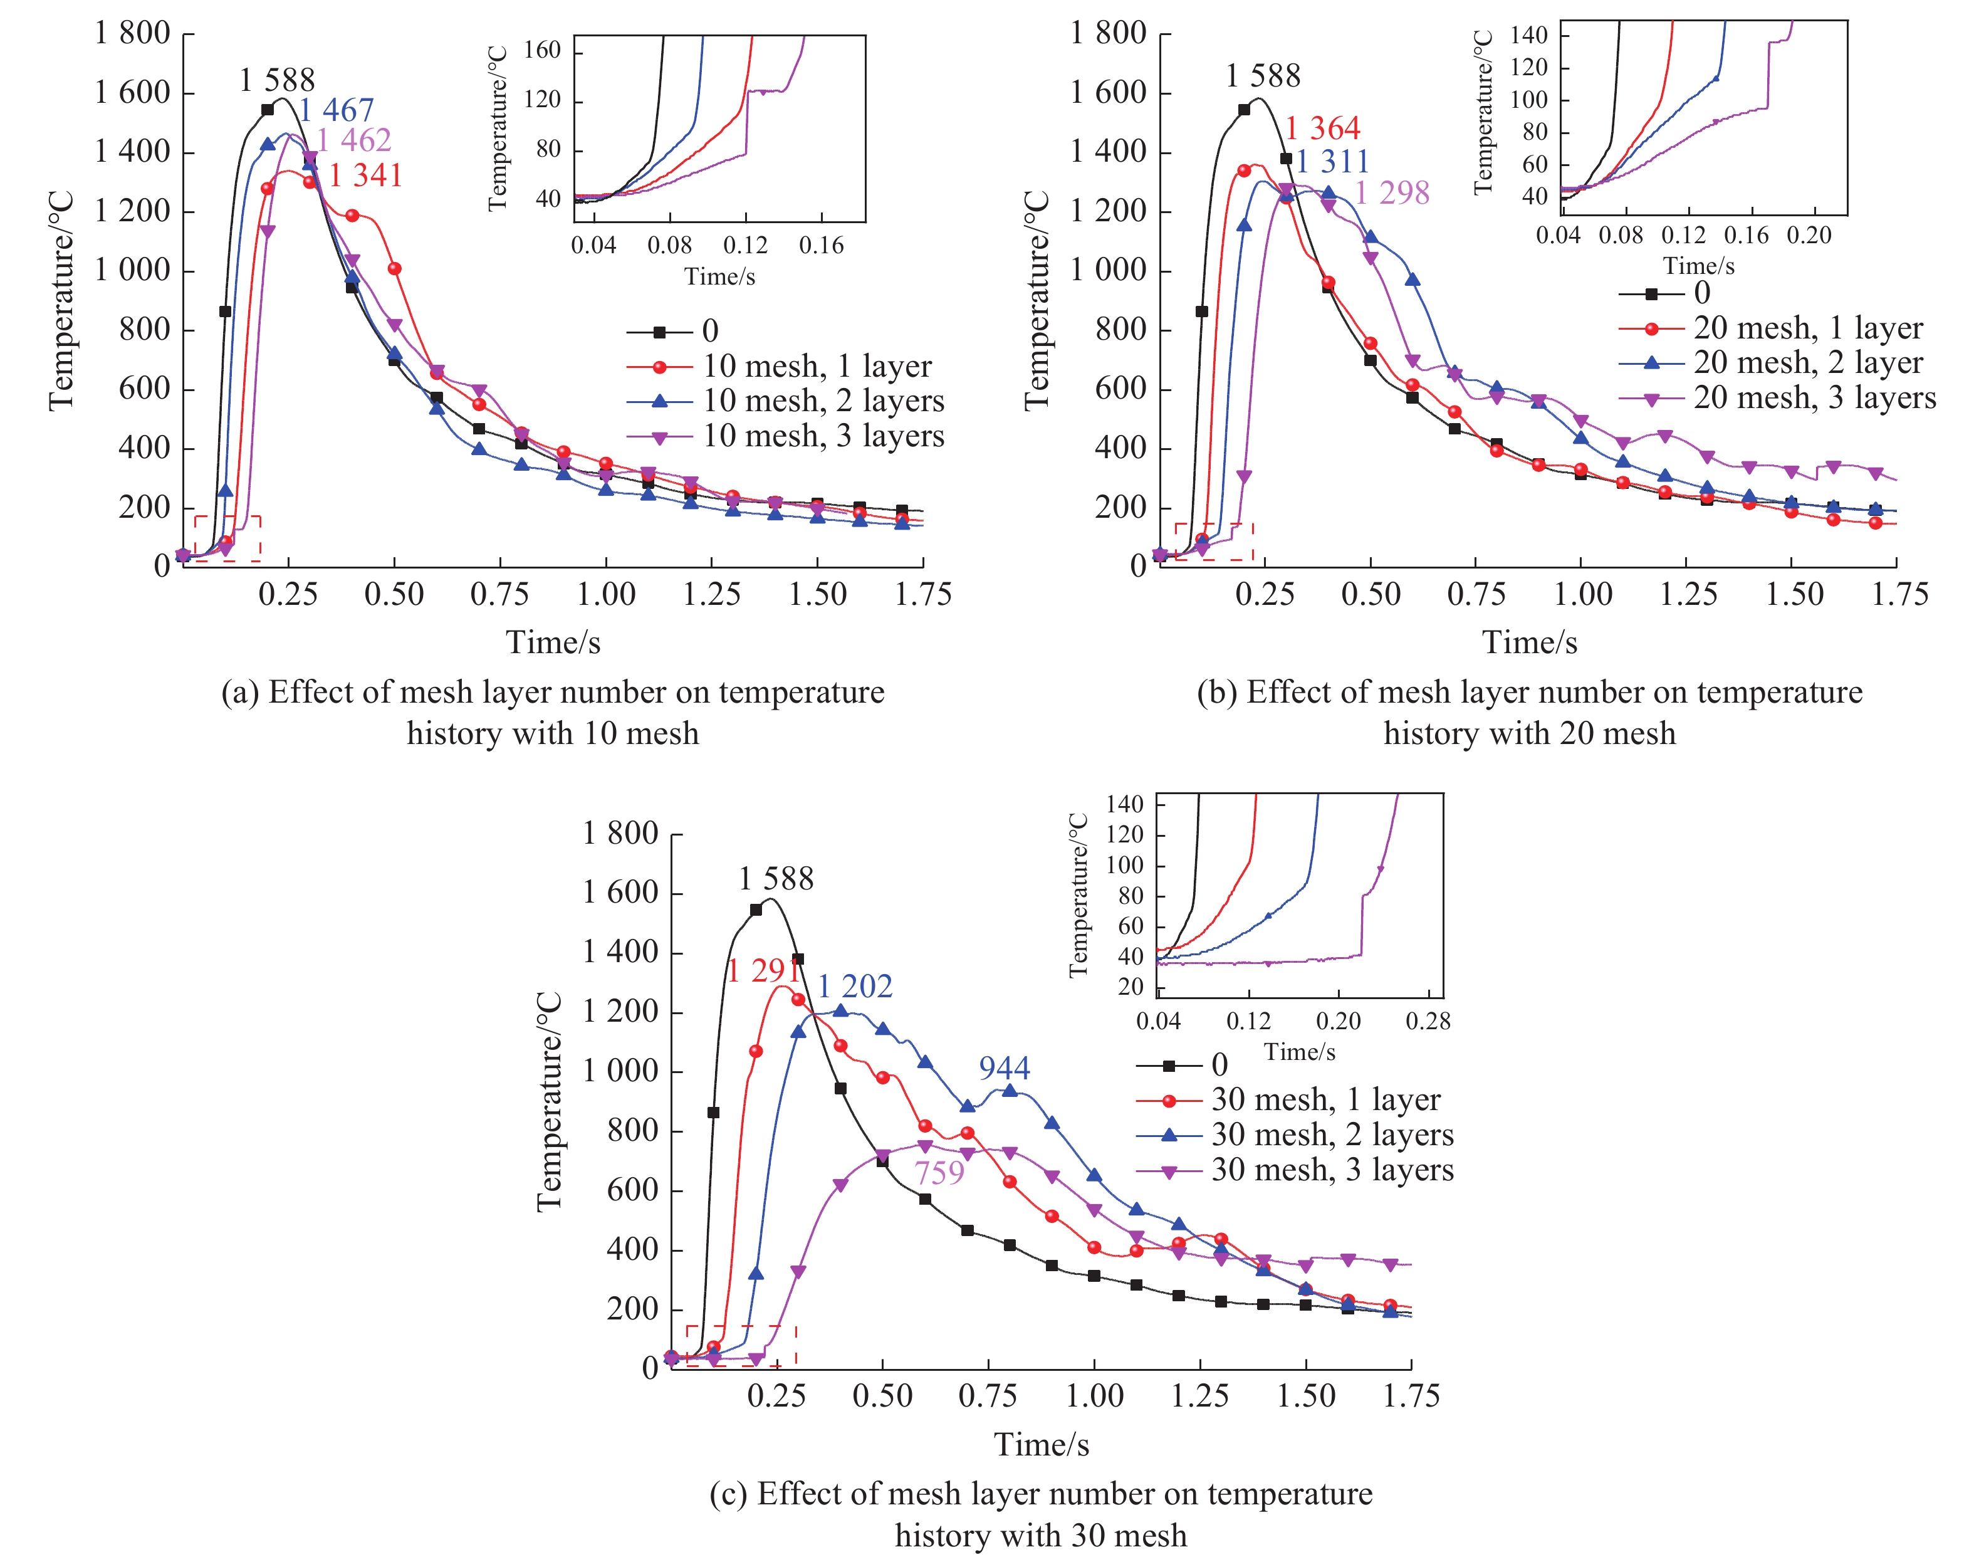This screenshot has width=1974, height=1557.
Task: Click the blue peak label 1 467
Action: (x=337, y=111)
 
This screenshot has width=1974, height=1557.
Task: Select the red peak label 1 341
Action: (x=365, y=175)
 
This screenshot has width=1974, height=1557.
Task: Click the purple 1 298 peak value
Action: (x=1392, y=193)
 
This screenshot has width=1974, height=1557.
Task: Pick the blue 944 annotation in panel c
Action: (x=1005, y=1067)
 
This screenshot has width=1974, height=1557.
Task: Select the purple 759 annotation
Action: (x=939, y=1172)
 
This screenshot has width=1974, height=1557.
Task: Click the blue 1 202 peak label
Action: (x=854, y=987)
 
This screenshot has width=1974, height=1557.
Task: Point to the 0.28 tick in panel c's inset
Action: (x=1427, y=1021)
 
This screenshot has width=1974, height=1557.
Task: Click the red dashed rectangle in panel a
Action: (x=227, y=539)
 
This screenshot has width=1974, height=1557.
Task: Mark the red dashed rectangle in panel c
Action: (x=741, y=1346)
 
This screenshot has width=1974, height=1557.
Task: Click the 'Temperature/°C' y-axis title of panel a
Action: (x=60, y=301)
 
